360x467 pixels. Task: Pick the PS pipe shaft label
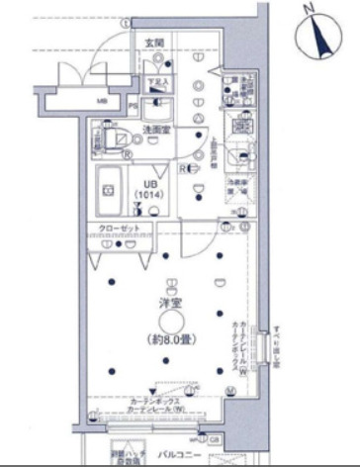(133, 104)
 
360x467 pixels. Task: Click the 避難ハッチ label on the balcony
(128, 454)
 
